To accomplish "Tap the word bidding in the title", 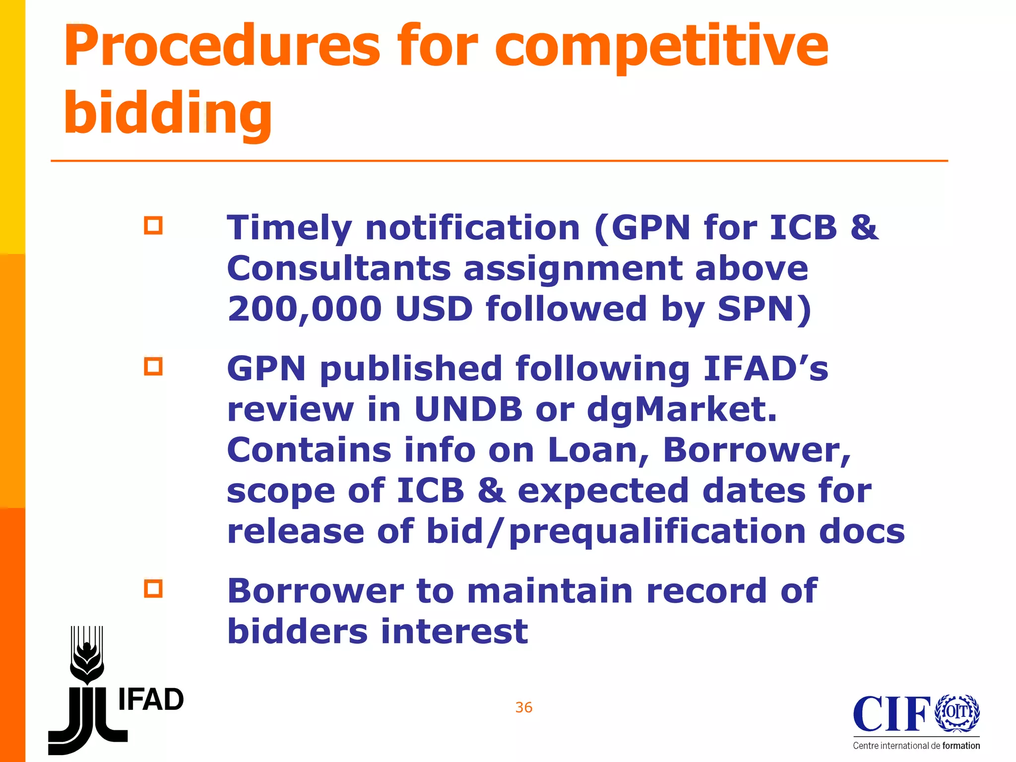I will pyautogui.click(x=168, y=114).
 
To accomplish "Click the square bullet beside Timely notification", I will pyautogui.click(x=153, y=226).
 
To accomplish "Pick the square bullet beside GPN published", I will pyautogui.click(x=153, y=367).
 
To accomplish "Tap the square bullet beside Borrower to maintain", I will pyautogui.click(x=153, y=589).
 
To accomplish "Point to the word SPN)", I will pyautogui.click(x=764, y=309).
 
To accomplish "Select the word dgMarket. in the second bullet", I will pyautogui.click(x=682, y=410).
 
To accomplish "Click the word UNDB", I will pyautogui.click(x=469, y=410).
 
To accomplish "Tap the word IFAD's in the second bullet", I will pyautogui.click(x=766, y=369).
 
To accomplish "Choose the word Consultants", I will pyautogui.click(x=339, y=268).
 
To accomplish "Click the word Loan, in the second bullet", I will pyautogui.click(x=599, y=450).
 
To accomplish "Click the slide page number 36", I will pyautogui.click(x=524, y=707).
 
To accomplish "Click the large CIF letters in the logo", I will pyautogui.click(x=891, y=714).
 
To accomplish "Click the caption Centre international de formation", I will pyautogui.click(x=916, y=746).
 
